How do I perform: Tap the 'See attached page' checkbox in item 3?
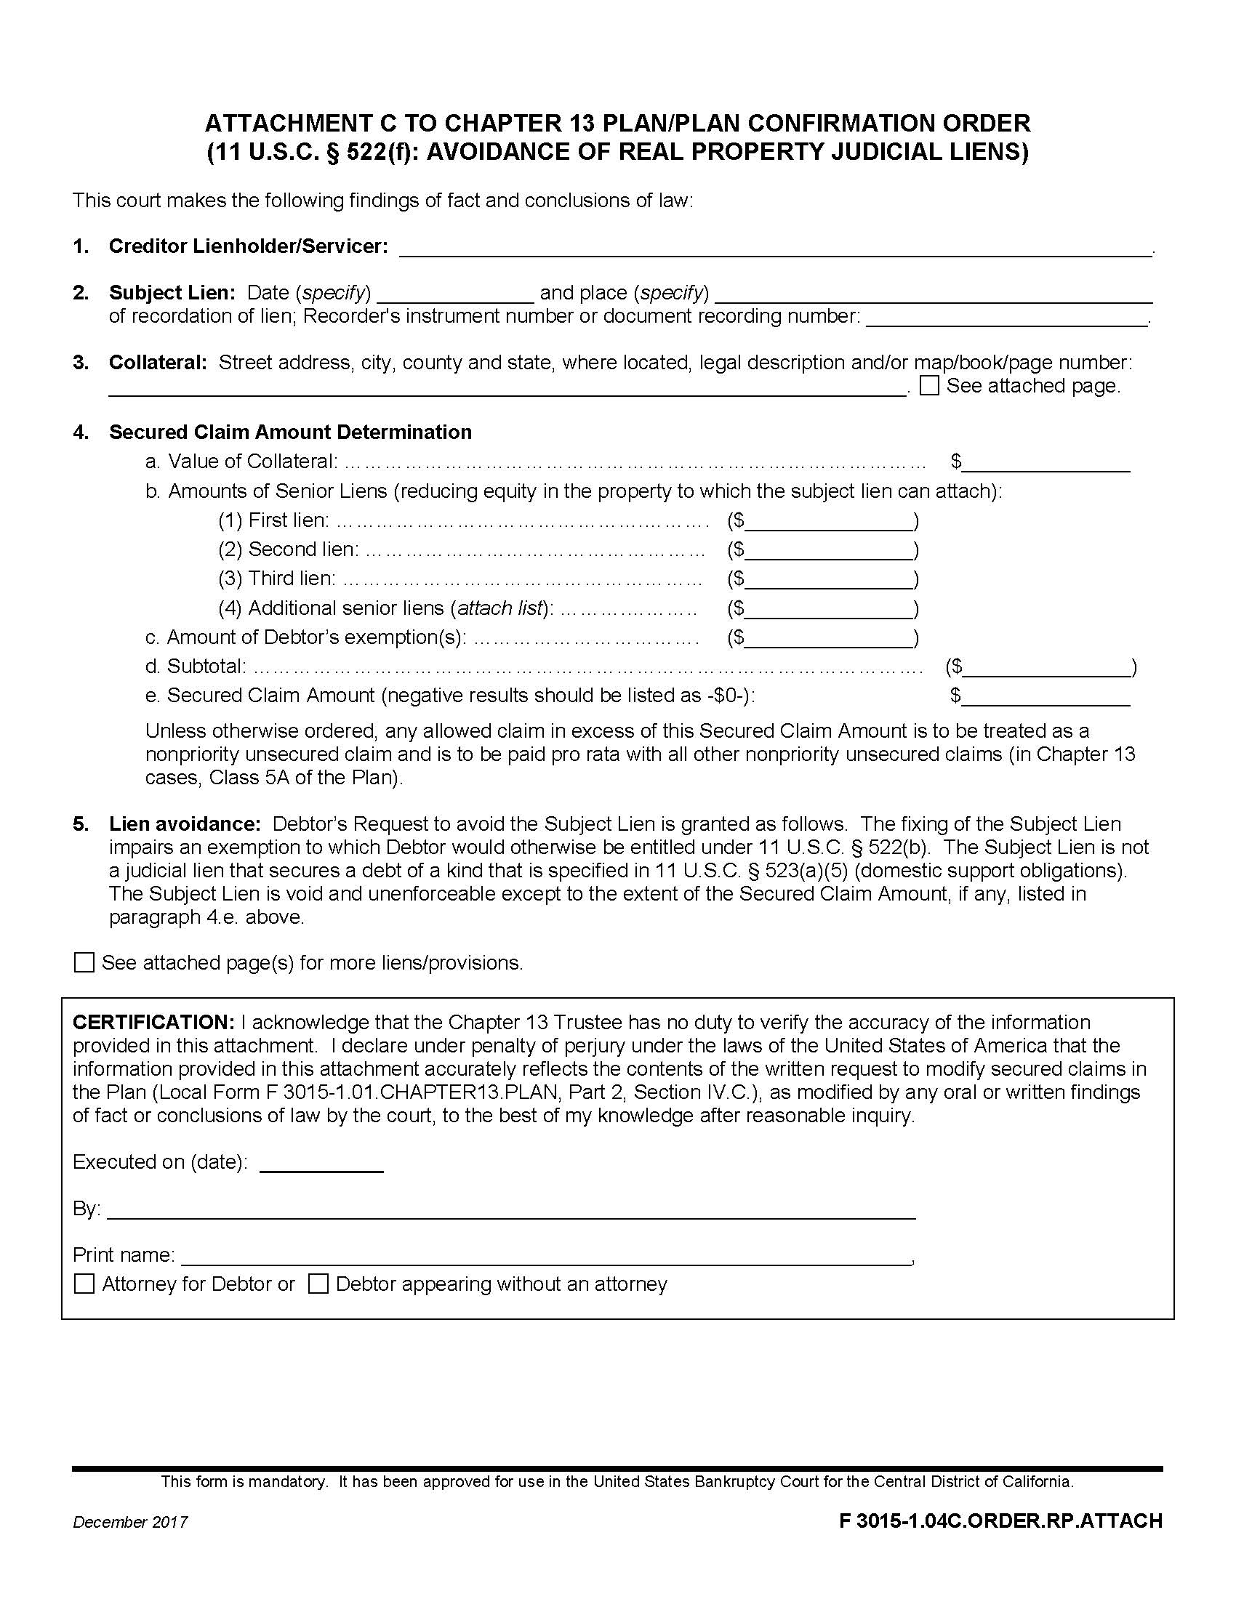coord(929,386)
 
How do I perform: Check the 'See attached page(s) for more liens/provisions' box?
coord(84,962)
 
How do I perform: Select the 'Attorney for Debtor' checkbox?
coord(84,1284)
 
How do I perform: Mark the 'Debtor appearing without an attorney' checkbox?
coord(318,1284)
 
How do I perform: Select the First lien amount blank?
coord(828,523)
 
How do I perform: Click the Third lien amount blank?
coord(828,581)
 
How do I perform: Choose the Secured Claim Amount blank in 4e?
coord(1046,698)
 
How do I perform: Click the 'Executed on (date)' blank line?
coord(321,1164)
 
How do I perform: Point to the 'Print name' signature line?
coord(545,1257)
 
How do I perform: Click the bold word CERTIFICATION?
coord(153,1022)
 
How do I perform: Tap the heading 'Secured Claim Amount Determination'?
coord(290,432)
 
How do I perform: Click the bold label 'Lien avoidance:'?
coord(185,823)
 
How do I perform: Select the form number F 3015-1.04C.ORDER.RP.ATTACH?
coord(1000,1521)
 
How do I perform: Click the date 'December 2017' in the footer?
coord(130,1522)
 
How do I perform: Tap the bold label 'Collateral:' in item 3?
coord(158,363)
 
